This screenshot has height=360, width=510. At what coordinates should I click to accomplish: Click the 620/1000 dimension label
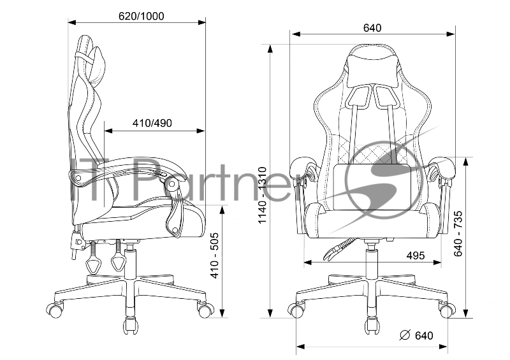(141, 16)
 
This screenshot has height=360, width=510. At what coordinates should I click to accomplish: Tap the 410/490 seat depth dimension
(152, 123)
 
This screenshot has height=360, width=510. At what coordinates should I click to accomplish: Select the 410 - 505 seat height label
(215, 256)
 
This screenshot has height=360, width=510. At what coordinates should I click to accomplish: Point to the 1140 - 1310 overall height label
(262, 195)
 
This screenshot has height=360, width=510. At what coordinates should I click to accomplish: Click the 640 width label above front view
(372, 28)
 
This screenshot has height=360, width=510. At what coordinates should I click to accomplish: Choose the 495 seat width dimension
(416, 256)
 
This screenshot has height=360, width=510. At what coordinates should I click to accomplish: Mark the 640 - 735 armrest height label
(458, 233)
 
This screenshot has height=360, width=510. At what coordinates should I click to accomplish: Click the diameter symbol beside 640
(405, 335)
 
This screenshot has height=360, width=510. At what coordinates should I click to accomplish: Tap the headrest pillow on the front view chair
(373, 69)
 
